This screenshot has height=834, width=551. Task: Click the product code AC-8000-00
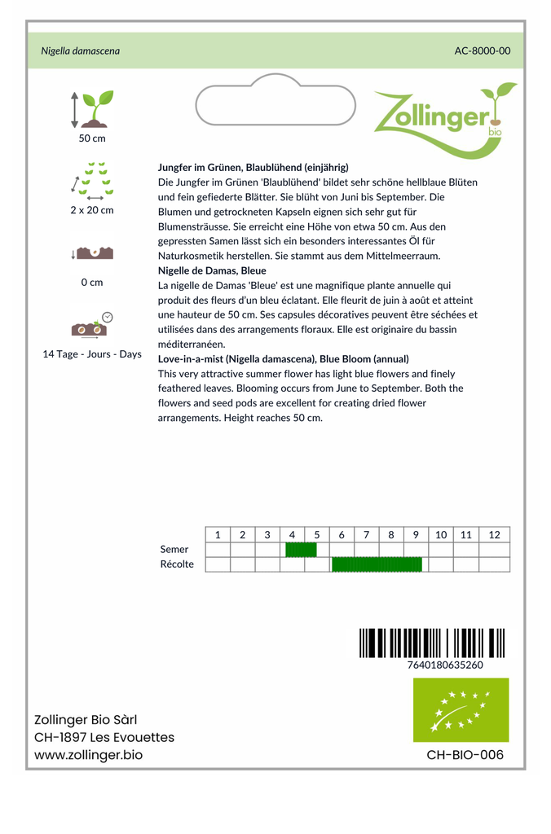coord(482,50)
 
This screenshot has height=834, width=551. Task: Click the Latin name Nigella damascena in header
coord(80,50)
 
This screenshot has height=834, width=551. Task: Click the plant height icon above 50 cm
coord(92,109)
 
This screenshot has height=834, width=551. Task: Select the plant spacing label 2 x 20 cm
coord(92,210)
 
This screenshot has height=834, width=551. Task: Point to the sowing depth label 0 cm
coord(92,283)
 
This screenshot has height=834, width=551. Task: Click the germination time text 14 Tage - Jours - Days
coord(92,354)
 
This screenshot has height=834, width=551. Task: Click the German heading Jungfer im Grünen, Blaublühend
coord(253,167)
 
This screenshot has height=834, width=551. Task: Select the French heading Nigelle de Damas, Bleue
coord(211,270)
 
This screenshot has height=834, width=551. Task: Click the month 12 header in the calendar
coord(494,534)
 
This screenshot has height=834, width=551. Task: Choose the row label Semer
coord(174,550)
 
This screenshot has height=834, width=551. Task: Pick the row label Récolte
coord(177,564)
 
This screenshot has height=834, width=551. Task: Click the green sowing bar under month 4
coord(301,550)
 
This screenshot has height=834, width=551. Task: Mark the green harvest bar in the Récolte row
coord(377,564)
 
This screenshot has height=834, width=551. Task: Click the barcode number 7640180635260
coord(444,665)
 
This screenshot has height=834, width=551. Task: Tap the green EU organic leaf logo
coord(461,709)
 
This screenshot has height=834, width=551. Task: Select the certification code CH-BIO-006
coord(465,755)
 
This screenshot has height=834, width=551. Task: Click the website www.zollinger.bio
coord(88,755)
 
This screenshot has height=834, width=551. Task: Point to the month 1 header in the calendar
coord(218,534)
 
